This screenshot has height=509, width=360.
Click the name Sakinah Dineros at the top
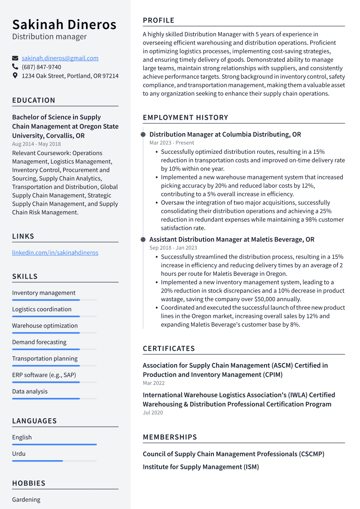coord(64,24)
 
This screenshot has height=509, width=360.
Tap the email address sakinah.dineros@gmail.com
coord(60,58)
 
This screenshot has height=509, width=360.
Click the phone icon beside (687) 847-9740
coord(15,67)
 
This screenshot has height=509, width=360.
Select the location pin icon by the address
coord(15,76)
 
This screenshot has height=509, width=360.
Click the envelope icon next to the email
coord(15,58)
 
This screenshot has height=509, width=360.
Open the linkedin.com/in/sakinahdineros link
coord(55,252)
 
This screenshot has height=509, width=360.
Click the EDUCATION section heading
coord(34,100)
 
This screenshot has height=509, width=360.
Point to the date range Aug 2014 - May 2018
coord(36,144)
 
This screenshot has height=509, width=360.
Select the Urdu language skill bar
coord(54,461)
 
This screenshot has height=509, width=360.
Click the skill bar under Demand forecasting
coord(54,349)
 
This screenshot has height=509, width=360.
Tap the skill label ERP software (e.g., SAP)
coord(44,375)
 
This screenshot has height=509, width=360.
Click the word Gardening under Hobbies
coord(26,499)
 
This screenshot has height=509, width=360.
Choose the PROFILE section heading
coord(159,20)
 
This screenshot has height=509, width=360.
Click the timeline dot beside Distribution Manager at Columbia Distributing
coord(143,135)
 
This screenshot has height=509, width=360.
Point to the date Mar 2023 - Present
coord(172,143)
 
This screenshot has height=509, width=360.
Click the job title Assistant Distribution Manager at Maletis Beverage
coord(232,239)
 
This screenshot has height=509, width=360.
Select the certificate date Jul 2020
coord(153,413)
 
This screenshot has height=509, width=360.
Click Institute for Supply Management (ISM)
coord(201,467)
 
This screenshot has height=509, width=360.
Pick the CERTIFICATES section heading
coord(169,348)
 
